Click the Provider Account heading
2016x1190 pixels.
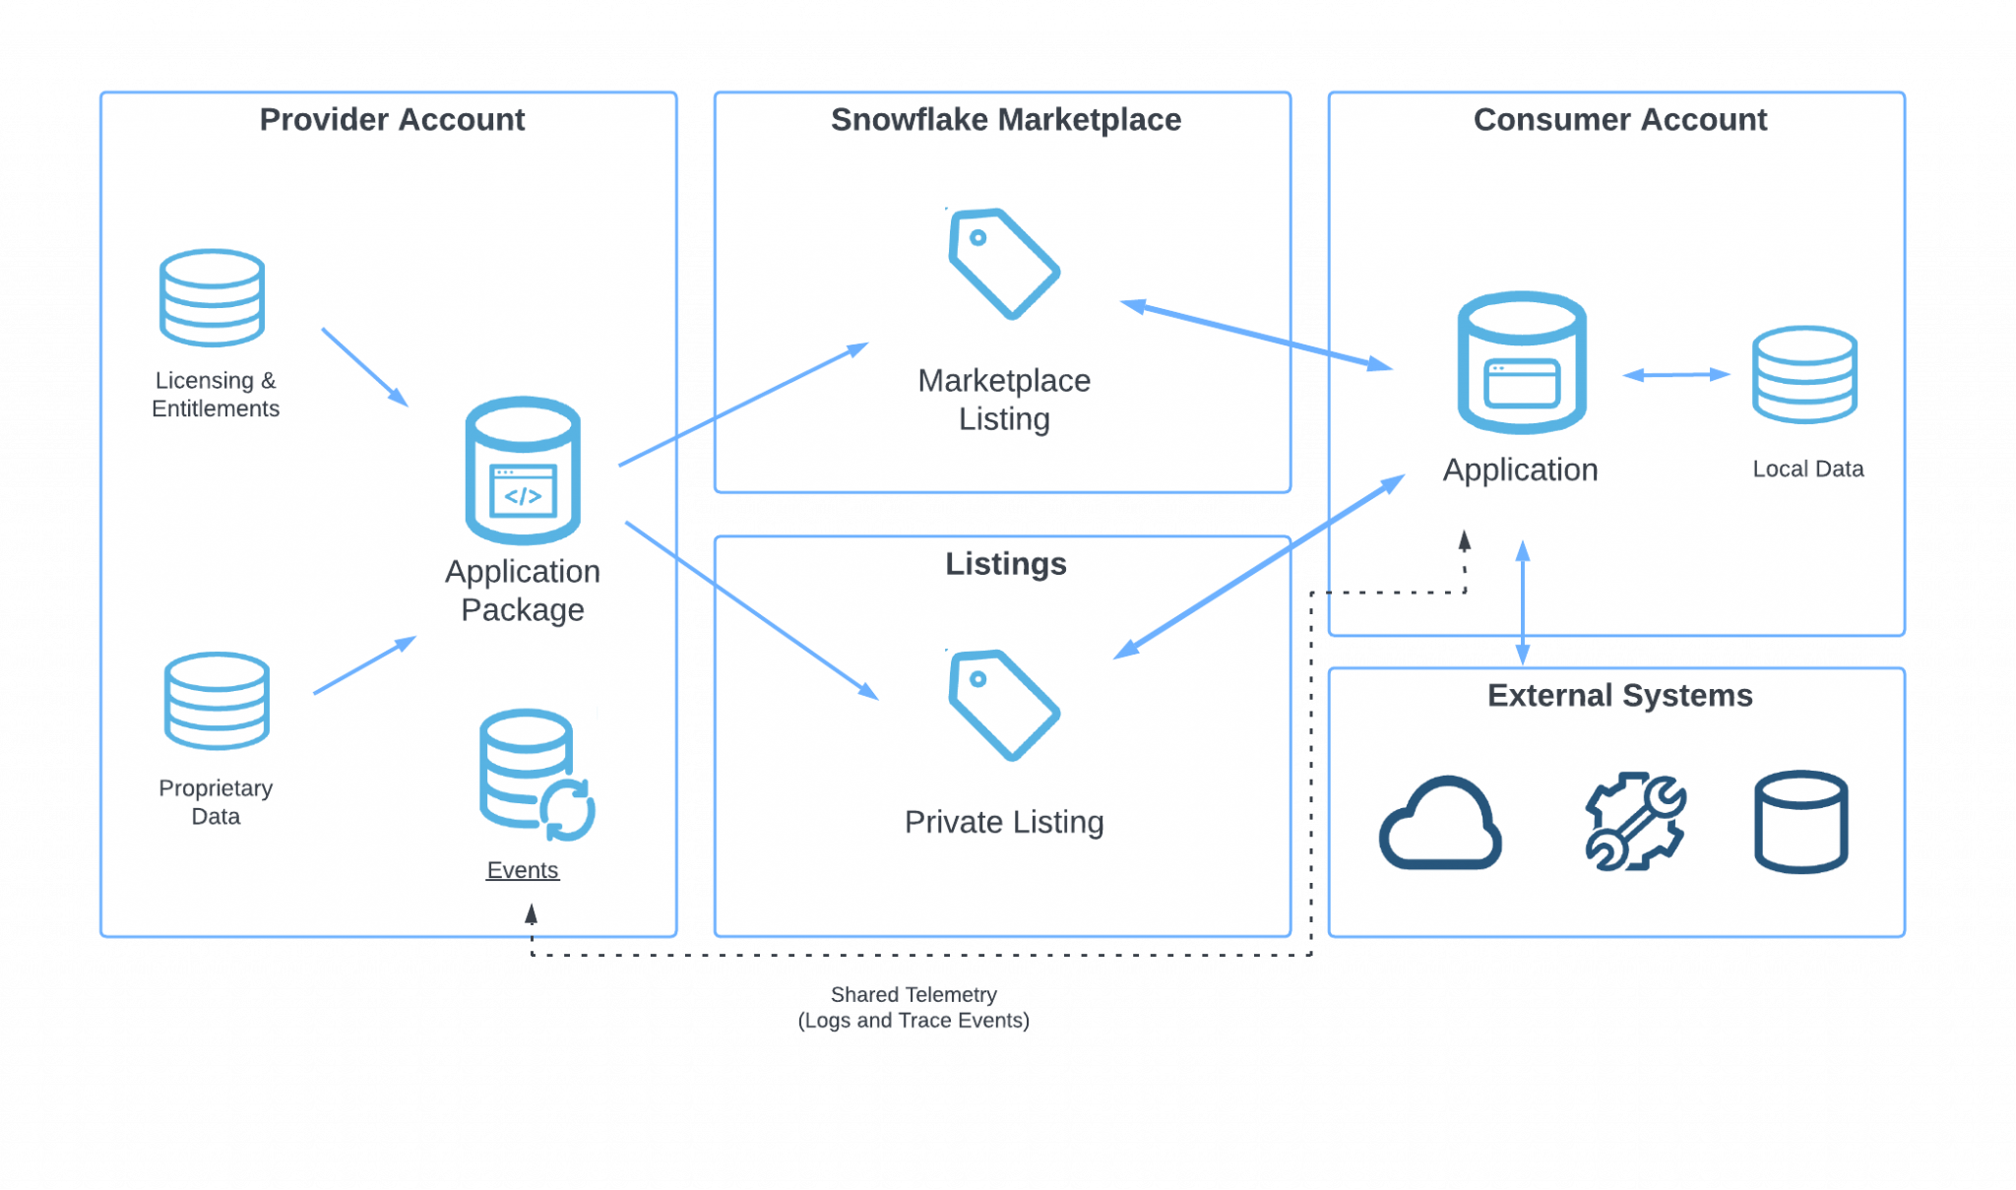coord(392,119)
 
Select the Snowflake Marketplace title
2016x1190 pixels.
coord(1005,119)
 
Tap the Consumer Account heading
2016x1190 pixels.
coord(1619,119)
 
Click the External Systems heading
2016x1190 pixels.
coord(1619,695)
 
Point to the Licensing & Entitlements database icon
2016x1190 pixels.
coord(212,297)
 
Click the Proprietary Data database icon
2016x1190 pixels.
coord(217,701)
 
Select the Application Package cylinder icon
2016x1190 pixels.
coord(523,470)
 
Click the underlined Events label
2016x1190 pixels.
coord(523,870)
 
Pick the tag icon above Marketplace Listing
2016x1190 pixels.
coord(1003,263)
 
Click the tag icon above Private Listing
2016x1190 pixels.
coord(1003,705)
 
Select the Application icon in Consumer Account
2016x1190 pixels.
coord(1521,362)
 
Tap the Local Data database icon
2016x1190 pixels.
coord(1804,374)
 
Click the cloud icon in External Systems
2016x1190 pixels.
coord(1440,824)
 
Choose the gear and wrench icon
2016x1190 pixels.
coord(1635,821)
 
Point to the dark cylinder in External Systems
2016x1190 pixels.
coord(1800,821)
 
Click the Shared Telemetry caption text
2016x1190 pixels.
coord(913,1007)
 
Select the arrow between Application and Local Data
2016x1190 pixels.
coord(1676,374)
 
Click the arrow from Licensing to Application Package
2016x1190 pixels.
coord(364,366)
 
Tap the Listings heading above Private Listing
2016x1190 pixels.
coord(1005,563)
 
